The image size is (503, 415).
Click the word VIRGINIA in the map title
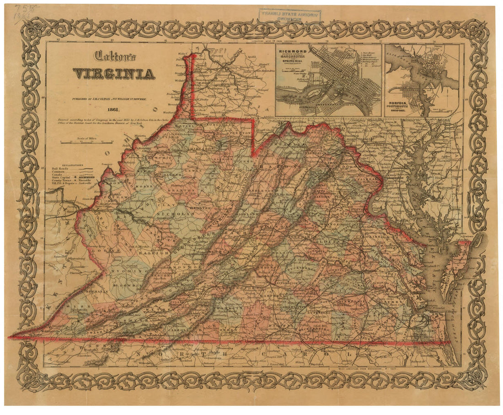click(113, 74)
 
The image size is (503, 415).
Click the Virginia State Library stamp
click(290, 16)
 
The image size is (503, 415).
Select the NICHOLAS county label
click(173, 213)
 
